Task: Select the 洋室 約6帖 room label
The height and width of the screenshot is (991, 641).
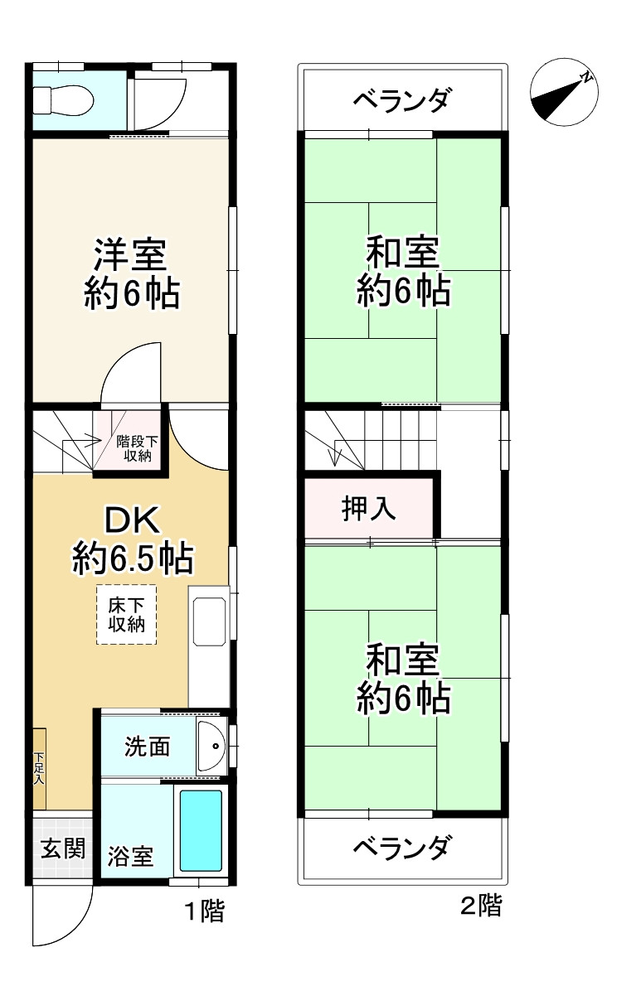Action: [x=131, y=273]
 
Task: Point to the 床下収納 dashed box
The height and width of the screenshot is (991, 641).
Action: [x=126, y=615]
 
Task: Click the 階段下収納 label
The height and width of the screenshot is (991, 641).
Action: [x=133, y=447]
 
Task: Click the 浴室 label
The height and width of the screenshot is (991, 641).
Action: [x=130, y=856]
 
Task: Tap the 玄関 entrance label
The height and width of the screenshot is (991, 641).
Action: [x=63, y=848]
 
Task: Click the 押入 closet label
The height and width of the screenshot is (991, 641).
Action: [x=369, y=508]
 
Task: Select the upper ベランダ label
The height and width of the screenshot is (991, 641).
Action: [x=402, y=101]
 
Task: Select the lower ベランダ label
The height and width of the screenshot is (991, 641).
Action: [x=402, y=848]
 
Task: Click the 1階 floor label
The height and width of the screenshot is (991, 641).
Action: [x=203, y=912]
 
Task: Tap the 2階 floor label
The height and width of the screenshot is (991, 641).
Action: [x=481, y=906]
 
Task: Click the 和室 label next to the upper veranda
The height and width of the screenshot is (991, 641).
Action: [x=403, y=272]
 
